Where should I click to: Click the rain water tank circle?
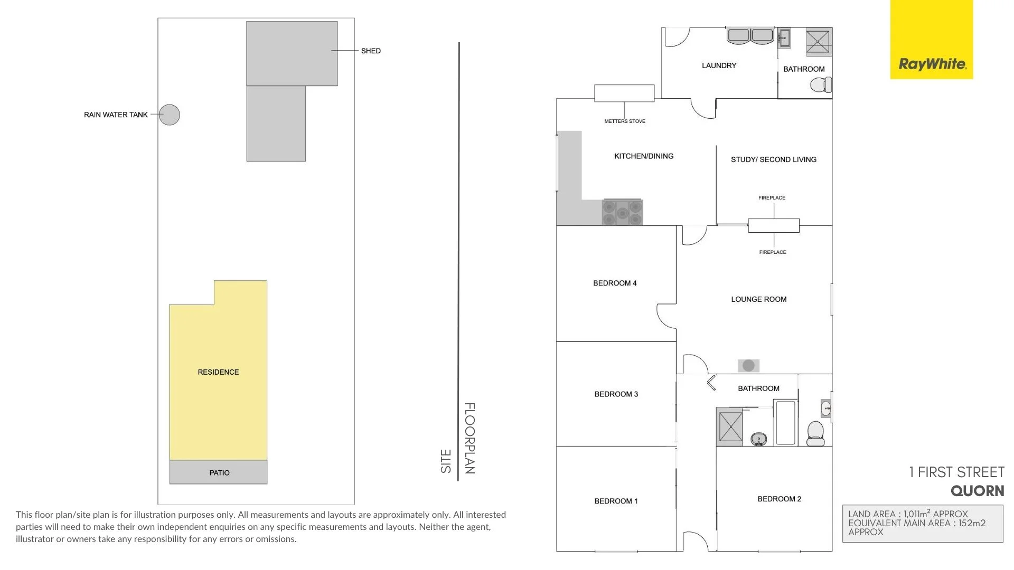click(170, 115)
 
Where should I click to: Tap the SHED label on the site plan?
click(371, 51)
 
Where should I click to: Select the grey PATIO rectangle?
click(218, 472)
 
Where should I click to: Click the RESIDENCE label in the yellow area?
click(218, 372)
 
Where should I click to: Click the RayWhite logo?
click(932, 64)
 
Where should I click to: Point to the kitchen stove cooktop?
click(622, 212)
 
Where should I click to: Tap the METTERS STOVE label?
click(625, 121)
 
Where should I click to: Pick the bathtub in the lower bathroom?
click(785, 423)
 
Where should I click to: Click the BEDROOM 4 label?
click(615, 283)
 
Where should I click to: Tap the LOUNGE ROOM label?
click(758, 299)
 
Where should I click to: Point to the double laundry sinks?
click(750, 36)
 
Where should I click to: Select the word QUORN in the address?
click(977, 491)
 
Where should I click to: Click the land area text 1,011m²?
click(916, 514)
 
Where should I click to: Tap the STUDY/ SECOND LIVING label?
click(773, 159)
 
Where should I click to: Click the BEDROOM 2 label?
click(779, 499)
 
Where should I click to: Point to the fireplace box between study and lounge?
click(773, 225)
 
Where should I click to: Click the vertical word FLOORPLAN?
click(470, 438)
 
